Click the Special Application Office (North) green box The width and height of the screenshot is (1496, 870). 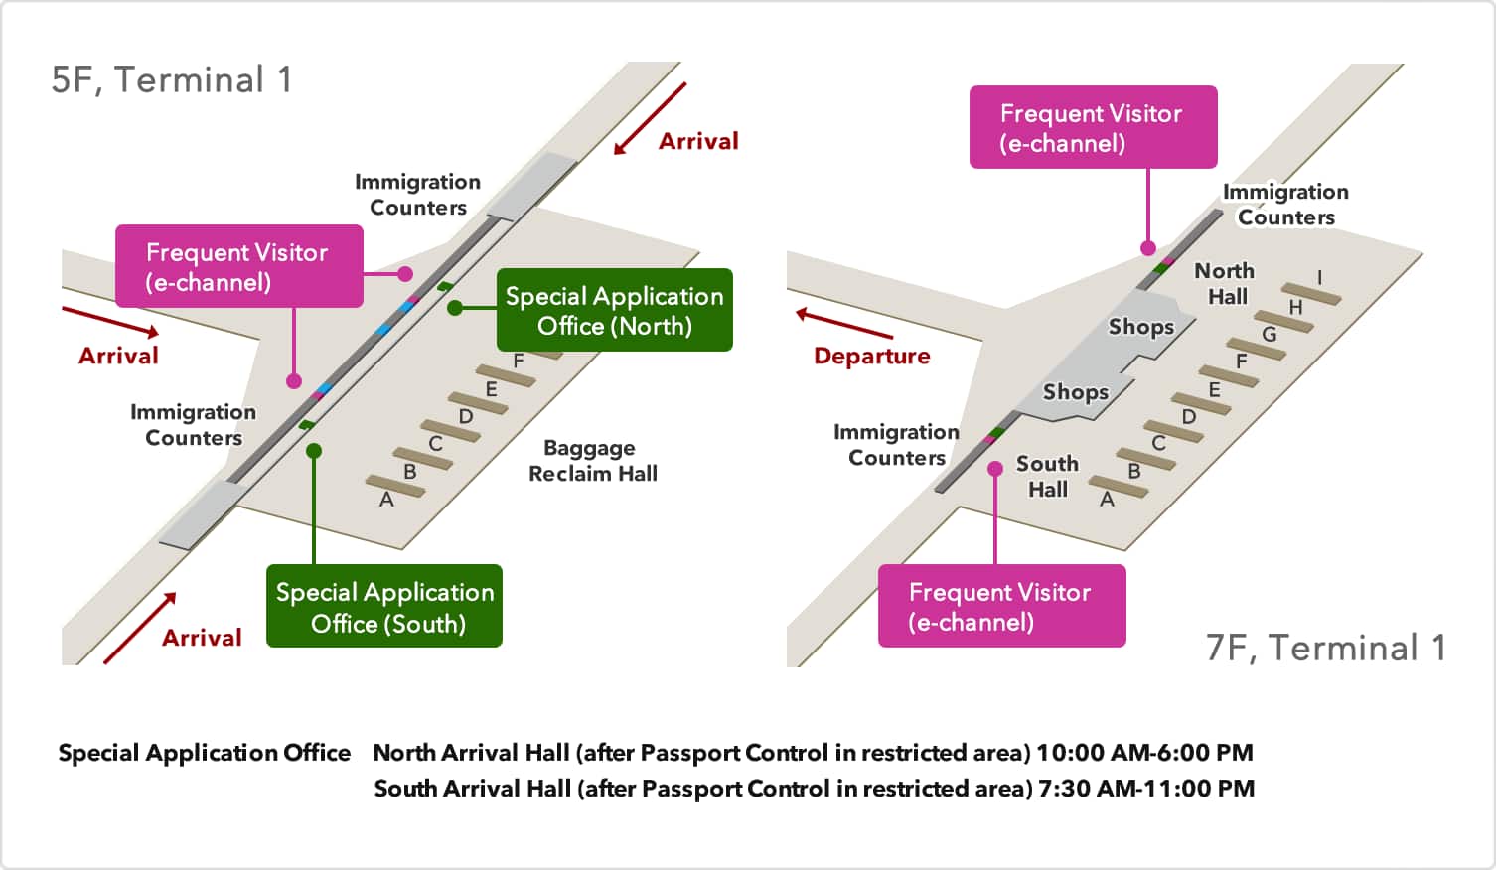pyautogui.click(x=615, y=310)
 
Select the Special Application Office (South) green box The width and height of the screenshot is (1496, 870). pyautogui.click(x=384, y=606)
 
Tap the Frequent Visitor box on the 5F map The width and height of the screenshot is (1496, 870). pyautogui.click(x=239, y=266)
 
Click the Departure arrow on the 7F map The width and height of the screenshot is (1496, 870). pyautogui.click(x=844, y=323)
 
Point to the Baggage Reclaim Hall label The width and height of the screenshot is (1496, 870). pyautogui.click(x=592, y=460)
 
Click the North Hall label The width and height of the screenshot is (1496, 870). pyautogui.click(x=1225, y=283)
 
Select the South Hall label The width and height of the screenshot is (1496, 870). pyautogui.click(x=1047, y=476)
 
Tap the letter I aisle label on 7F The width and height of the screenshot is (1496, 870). pyautogui.click(x=1319, y=277)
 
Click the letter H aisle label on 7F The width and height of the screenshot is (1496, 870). pyautogui.click(x=1295, y=307)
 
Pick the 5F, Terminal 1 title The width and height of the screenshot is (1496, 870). pyautogui.click(x=172, y=80)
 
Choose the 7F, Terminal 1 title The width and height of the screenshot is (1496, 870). pyautogui.click(x=1326, y=647)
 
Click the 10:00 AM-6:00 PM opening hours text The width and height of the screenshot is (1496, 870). pyautogui.click(x=1144, y=753)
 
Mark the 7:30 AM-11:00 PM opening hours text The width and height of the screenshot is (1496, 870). pyautogui.click(x=1146, y=789)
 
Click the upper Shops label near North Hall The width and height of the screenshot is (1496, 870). pyautogui.click(x=1140, y=327)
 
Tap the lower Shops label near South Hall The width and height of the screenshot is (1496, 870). pyautogui.click(x=1075, y=392)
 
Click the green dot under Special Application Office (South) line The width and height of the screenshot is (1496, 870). pyautogui.click(x=314, y=451)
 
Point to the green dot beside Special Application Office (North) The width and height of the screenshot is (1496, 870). pyautogui.click(x=455, y=308)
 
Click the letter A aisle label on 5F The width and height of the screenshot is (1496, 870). pyautogui.click(x=386, y=500)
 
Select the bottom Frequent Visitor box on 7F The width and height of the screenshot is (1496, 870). pyautogui.click(x=1001, y=606)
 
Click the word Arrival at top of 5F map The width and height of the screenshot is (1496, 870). pyautogui.click(x=698, y=141)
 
